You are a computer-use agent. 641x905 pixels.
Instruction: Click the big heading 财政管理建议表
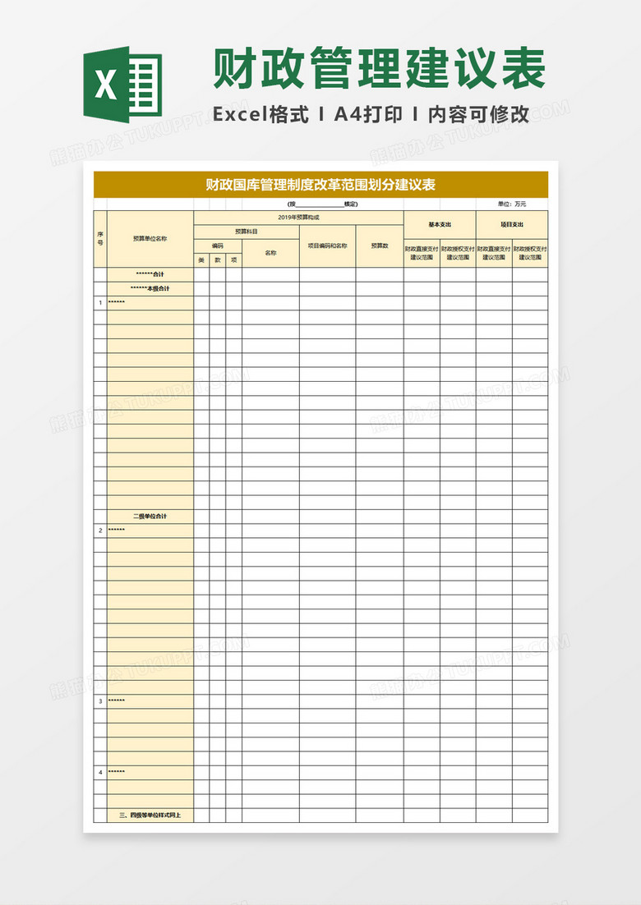coord(380,68)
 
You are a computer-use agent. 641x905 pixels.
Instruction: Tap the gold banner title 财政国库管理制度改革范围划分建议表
coord(320,185)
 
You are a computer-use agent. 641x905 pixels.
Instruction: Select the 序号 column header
coord(100,239)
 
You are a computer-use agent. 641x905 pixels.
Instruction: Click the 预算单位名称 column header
coord(150,239)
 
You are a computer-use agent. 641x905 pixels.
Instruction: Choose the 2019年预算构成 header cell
coord(298,218)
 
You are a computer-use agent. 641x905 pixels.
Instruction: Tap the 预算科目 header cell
coord(246,232)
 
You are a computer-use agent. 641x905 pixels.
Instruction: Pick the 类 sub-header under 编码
coord(201,260)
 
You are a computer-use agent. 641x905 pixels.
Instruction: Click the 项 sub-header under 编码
coord(233,260)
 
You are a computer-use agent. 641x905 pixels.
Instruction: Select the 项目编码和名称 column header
coord(327,246)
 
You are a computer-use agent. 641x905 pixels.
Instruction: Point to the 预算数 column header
coord(379,246)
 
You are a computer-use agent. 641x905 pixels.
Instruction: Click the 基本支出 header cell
coord(440,224)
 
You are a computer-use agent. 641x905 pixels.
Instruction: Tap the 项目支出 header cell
coord(512,224)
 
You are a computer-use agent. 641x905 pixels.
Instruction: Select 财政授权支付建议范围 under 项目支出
coord(530,253)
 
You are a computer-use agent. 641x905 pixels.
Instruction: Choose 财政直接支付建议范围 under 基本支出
coord(422,253)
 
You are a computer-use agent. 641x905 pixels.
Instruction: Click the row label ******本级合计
coord(150,288)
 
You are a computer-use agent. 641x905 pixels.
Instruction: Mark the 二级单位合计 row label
coord(150,517)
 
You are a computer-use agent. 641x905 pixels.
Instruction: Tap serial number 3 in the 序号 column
coord(100,701)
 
